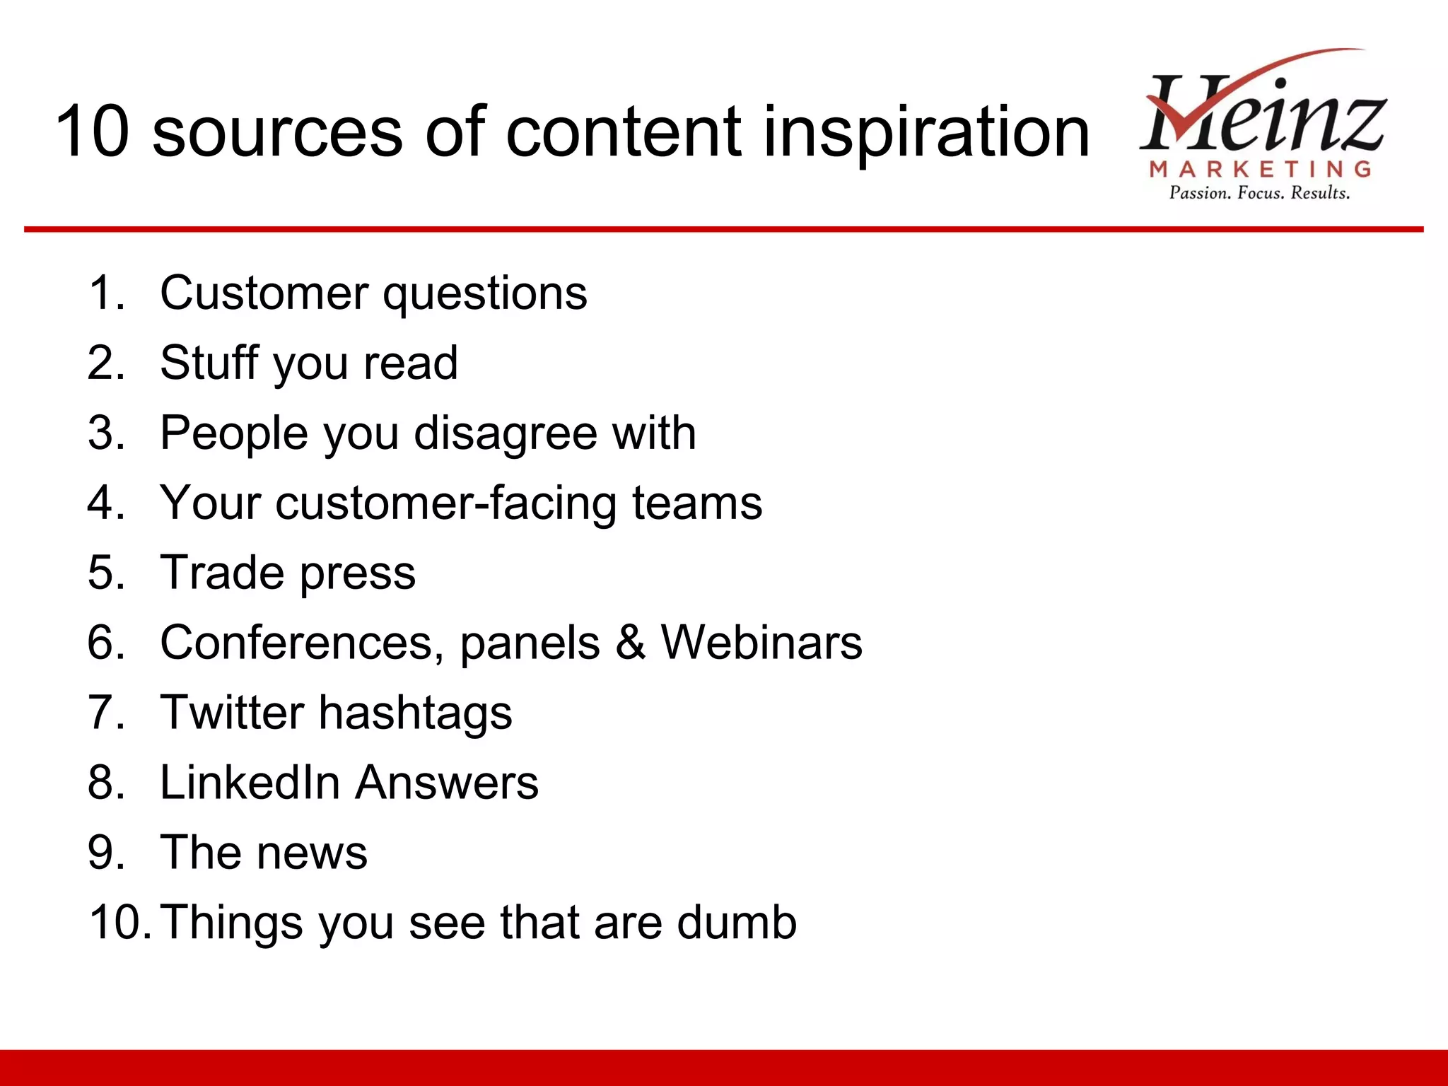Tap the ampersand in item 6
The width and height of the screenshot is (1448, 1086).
point(630,642)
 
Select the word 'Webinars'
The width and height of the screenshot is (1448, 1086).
point(761,642)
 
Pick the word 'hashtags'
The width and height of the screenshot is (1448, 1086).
point(416,713)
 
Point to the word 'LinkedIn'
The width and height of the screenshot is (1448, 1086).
point(250,782)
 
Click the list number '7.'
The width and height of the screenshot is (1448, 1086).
point(106,712)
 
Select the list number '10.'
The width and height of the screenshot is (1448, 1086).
point(119,922)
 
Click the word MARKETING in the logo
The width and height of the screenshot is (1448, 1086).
point(1261,169)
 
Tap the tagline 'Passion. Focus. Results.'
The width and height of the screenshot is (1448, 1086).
point(1259,193)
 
